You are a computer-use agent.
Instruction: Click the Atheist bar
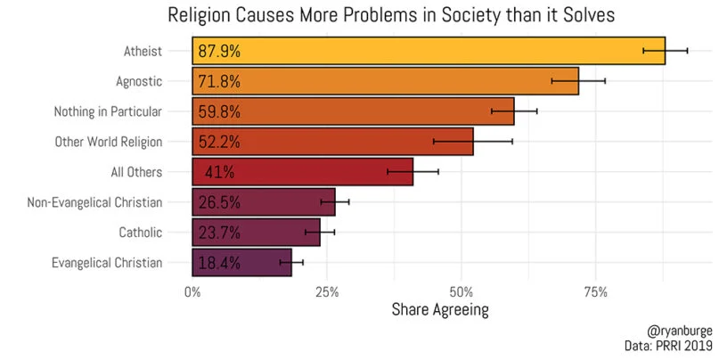click(x=428, y=51)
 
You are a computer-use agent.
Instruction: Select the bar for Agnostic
click(x=385, y=81)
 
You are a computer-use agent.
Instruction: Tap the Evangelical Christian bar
click(x=241, y=263)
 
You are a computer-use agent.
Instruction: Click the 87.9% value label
click(x=219, y=52)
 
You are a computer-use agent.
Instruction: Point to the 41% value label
click(x=219, y=172)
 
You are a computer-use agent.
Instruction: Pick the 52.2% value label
click(x=219, y=142)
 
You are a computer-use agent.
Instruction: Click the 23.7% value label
click(x=219, y=233)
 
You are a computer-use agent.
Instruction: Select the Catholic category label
click(x=140, y=233)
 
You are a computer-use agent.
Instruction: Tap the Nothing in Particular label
click(x=108, y=111)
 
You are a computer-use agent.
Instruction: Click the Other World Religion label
click(x=108, y=142)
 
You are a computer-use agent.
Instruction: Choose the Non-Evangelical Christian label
click(x=95, y=202)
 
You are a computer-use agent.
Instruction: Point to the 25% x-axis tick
click(x=326, y=292)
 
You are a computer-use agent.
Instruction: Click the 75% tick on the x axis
click(x=595, y=292)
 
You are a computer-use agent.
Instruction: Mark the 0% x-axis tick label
click(x=192, y=292)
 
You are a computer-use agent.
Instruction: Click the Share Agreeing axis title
click(x=440, y=311)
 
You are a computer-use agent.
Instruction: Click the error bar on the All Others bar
click(x=413, y=171)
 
